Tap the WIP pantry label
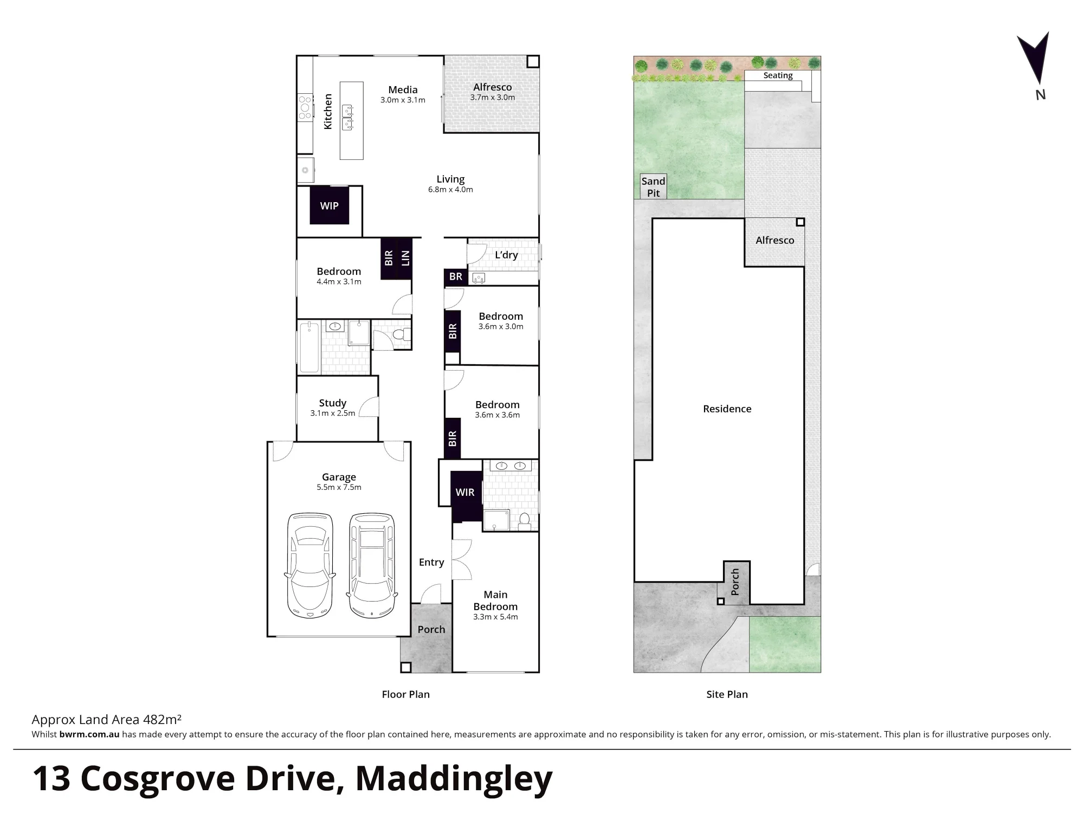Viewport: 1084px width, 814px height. (329, 206)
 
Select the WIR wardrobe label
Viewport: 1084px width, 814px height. (465, 492)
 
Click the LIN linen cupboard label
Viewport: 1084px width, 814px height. (405, 258)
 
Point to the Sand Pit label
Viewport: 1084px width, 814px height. (653, 187)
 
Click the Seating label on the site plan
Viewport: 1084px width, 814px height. (778, 75)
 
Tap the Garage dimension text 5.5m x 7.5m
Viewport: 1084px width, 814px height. (339, 487)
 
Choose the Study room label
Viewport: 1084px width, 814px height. (332, 403)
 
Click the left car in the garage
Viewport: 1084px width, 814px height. (309, 565)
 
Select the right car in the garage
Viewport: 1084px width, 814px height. (372, 565)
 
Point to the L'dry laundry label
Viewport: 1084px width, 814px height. (506, 255)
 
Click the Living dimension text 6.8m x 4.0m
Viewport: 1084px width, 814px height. (450, 190)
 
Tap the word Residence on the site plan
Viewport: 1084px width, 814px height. (727, 409)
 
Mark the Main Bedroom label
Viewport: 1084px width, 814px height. (495, 600)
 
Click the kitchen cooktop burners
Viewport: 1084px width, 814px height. (305, 106)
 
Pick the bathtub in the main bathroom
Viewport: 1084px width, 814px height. (309, 347)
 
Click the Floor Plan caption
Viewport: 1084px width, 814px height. (405, 694)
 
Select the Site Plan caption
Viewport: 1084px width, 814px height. (727, 694)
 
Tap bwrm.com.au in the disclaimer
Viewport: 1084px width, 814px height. (89, 734)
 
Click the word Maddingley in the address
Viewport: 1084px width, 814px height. (454, 778)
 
